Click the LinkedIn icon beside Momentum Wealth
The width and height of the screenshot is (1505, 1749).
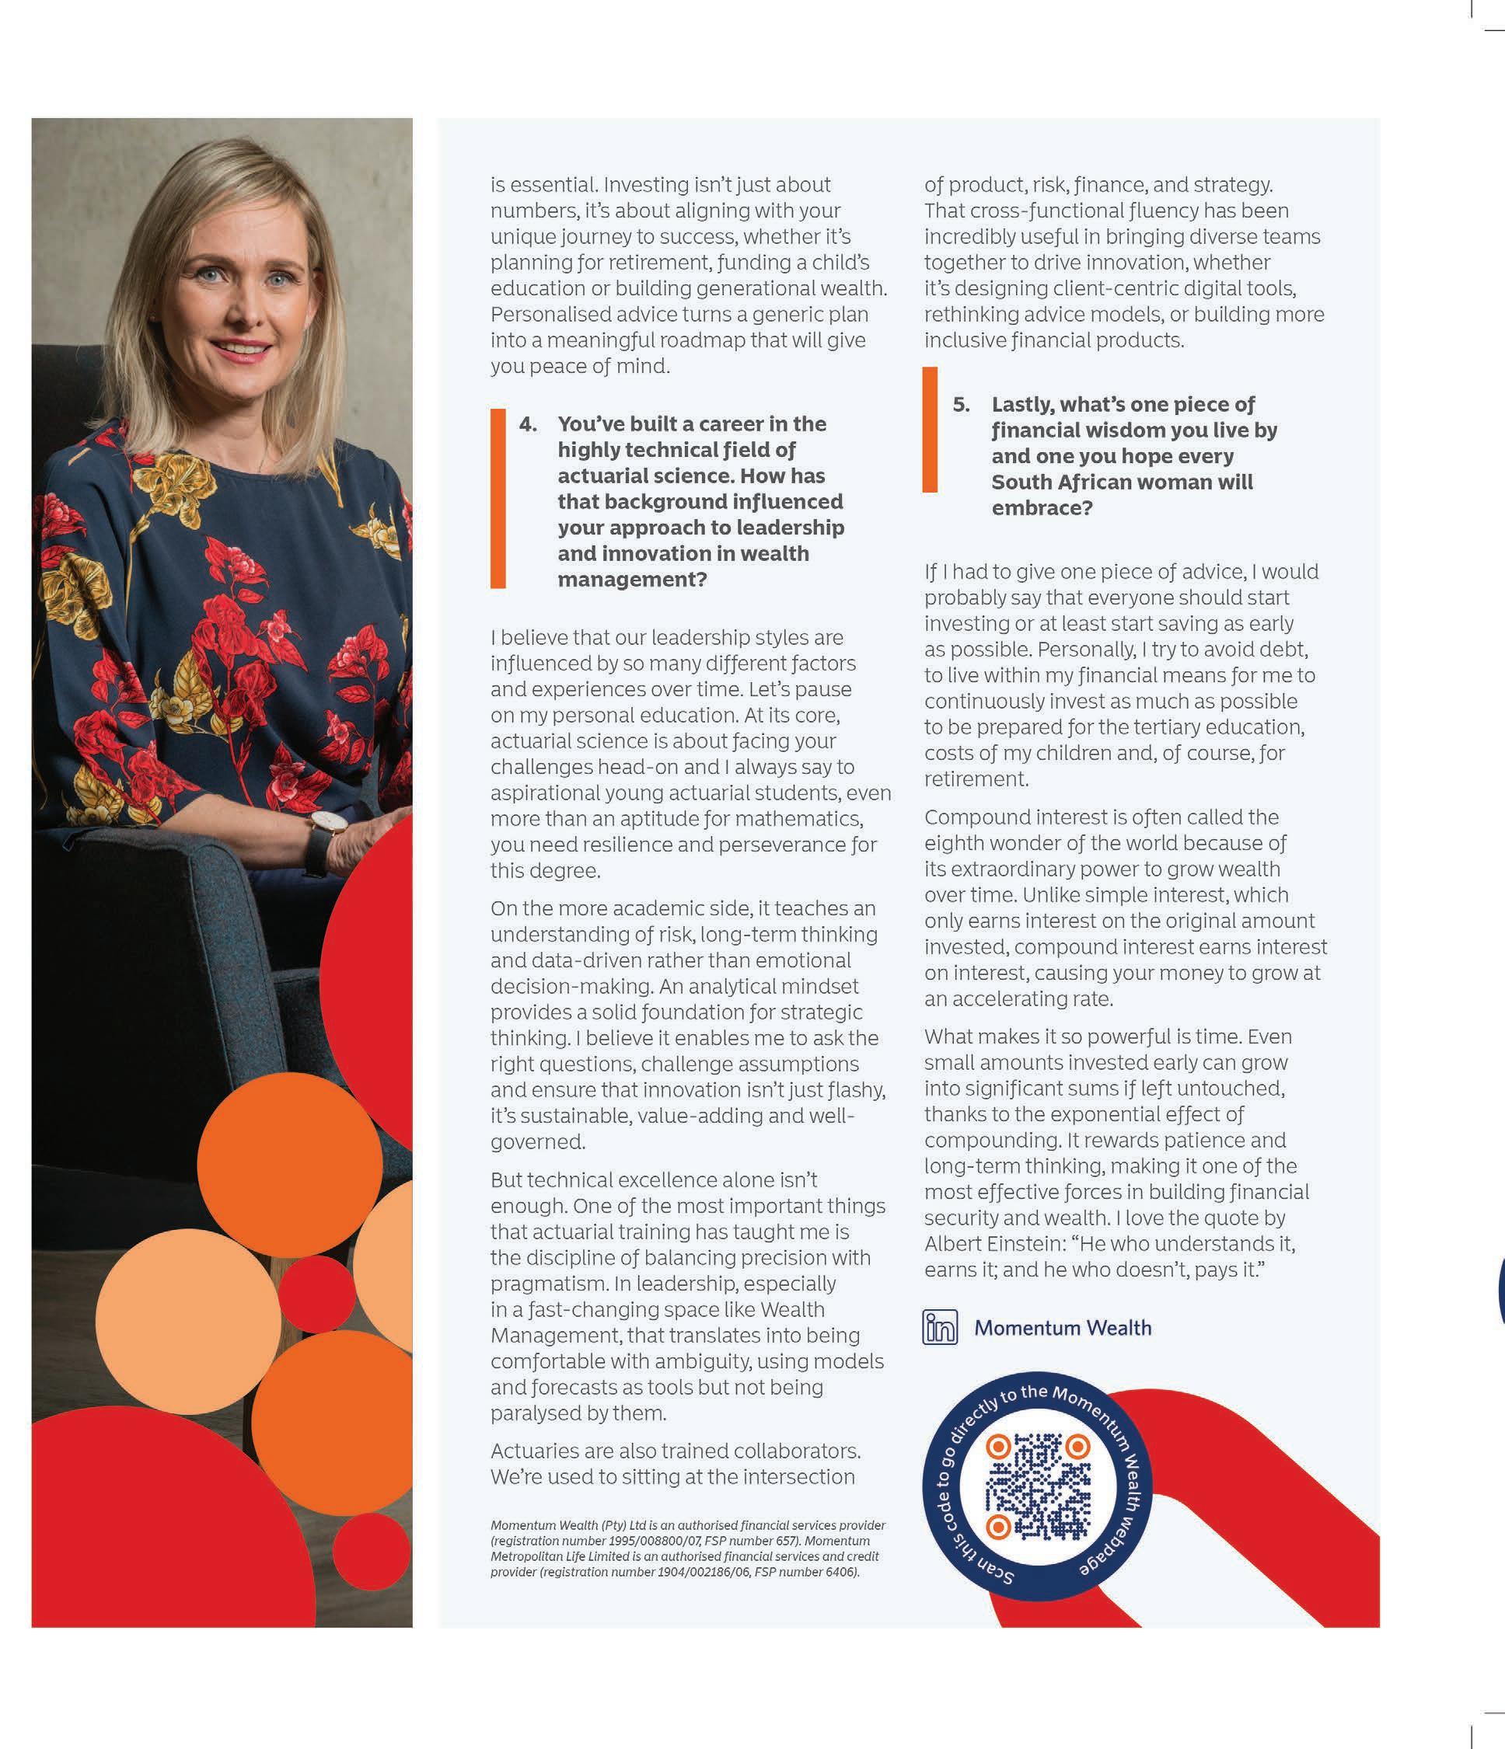click(x=939, y=1328)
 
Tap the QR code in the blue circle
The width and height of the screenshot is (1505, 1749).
click(x=1038, y=1486)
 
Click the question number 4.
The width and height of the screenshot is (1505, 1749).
click(x=528, y=423)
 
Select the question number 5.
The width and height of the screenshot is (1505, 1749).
click(x=961, y=404)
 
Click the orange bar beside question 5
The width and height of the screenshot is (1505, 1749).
click(x=930, y=430)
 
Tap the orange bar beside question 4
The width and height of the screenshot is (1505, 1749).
click(x=498, y=498)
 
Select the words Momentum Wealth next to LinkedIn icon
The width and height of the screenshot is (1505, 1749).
click(x=1063, y=1328)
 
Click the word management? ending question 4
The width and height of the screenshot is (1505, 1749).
click(x=632, y=580)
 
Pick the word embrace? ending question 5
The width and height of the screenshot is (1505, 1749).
click(x=1042, y=508)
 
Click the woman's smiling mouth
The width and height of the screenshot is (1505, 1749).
click(x=242, y=347)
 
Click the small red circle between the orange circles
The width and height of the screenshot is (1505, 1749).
click(x=316, y=1293)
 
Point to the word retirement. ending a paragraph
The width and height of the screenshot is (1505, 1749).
click(x=976, y=779)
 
